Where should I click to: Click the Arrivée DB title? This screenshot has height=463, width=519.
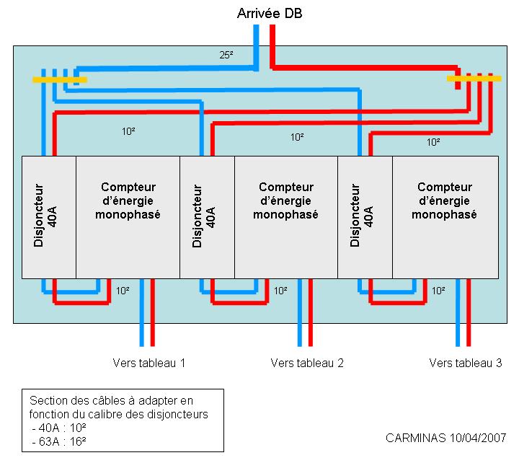265,13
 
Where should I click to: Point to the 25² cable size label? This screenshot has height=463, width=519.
226,55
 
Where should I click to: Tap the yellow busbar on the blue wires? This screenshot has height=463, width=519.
59,79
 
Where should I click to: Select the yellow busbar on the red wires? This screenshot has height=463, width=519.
474,79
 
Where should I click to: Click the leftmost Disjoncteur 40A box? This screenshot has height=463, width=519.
49,216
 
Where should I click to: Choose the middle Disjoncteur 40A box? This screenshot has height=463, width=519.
207,216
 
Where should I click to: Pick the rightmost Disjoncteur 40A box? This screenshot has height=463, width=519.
365,216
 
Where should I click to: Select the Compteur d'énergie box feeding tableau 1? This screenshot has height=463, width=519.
128,216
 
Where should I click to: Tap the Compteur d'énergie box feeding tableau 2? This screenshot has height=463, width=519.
286,216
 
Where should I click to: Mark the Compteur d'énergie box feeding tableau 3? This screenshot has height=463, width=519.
445,216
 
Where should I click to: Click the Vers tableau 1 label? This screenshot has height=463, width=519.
149,363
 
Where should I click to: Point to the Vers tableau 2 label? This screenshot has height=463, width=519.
307,363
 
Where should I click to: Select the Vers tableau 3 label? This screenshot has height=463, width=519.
465,363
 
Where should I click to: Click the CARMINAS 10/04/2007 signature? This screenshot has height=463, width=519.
445,438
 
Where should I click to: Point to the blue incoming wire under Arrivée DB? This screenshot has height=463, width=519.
257,43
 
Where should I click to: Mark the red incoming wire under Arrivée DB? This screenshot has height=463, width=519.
272,43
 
